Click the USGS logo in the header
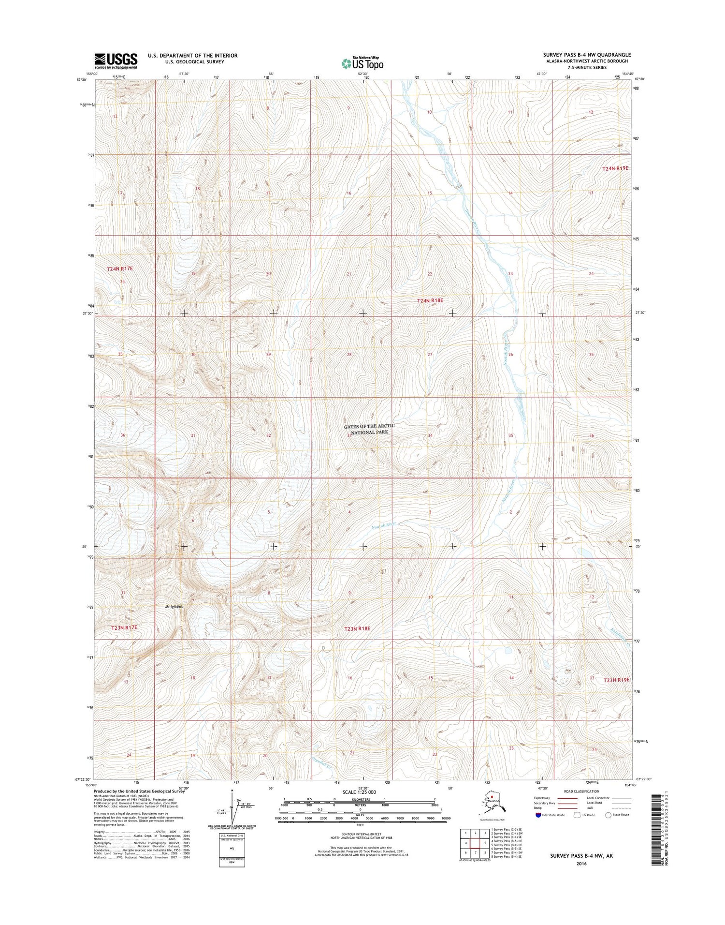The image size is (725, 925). click(116, 60)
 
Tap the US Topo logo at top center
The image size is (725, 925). click(362, 63)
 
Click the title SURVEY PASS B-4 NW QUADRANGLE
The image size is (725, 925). click(587, 55)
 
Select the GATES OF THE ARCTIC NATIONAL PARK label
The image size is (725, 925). click(369, 429)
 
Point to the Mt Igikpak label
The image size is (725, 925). click(174, 606)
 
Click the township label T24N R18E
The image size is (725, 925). click(430, 300)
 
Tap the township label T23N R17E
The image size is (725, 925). click(124, 627)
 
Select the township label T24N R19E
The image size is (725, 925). click(615, 168)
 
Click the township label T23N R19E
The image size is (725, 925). click(616, 680)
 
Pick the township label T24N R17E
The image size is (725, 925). click(119, 268)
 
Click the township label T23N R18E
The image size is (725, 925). click(357, 628)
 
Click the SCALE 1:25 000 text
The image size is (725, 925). click(359, 792)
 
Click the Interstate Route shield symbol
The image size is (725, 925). click(538, 815)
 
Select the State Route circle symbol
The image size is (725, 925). click(608, 815)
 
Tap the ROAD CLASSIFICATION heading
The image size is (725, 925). click(581, 791)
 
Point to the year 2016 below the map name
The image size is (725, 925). click(581, 864)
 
